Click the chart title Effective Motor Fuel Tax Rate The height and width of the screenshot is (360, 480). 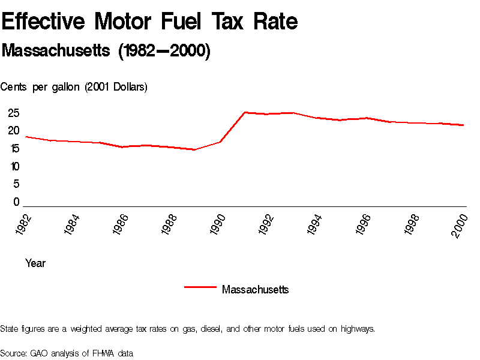(x=149, y=22)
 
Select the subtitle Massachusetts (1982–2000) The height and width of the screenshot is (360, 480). (x=106, y=51)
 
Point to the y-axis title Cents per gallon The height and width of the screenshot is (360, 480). (x=74, y=87)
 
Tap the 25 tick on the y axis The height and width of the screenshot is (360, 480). (x=14, y=113)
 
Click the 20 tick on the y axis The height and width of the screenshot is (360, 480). (x=14, y=131)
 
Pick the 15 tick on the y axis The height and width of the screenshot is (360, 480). (x=14, y=149)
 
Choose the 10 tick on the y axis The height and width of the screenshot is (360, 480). (x=14, y=166)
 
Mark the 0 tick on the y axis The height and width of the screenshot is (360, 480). (x=17, y=202)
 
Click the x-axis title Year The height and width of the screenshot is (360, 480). (x=35, y=263)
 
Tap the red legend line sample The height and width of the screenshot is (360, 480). (x=200, y=287)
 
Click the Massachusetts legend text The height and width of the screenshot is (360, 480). (x=255, y=290)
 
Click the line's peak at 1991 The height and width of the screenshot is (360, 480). (x=245, y=112)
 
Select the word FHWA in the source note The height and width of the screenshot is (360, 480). (x=101, y=353)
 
